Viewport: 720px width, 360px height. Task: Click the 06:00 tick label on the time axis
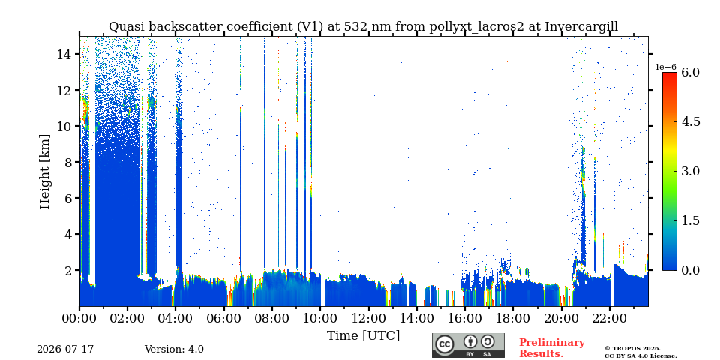pos(224,317)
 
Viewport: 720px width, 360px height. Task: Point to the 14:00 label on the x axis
pos(416,317)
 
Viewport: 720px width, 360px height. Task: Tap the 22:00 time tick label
pos(609,317)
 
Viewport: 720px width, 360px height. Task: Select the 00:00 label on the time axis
pos(80,317)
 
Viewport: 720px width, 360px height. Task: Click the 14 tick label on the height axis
pos(66,54)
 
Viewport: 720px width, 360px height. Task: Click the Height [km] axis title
pos(44,172)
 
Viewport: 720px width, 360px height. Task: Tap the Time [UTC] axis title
pos(363,336)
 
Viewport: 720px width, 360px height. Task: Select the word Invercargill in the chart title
pos(581,27)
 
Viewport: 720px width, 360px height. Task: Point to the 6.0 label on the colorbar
pos(690,72)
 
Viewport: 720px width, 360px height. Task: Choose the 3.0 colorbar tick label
pos(690,171)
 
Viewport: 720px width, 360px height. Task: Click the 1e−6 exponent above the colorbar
pos(665,67)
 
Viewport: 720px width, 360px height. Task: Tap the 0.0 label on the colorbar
pos(690,270)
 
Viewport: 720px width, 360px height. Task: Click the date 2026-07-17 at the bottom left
pos(65,349)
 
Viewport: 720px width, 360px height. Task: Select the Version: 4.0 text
pos(174,349)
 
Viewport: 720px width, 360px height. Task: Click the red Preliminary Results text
pos(552,347)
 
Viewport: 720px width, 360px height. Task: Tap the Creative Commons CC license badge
pos(468,345)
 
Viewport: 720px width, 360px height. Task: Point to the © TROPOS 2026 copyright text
pos(632,348)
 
